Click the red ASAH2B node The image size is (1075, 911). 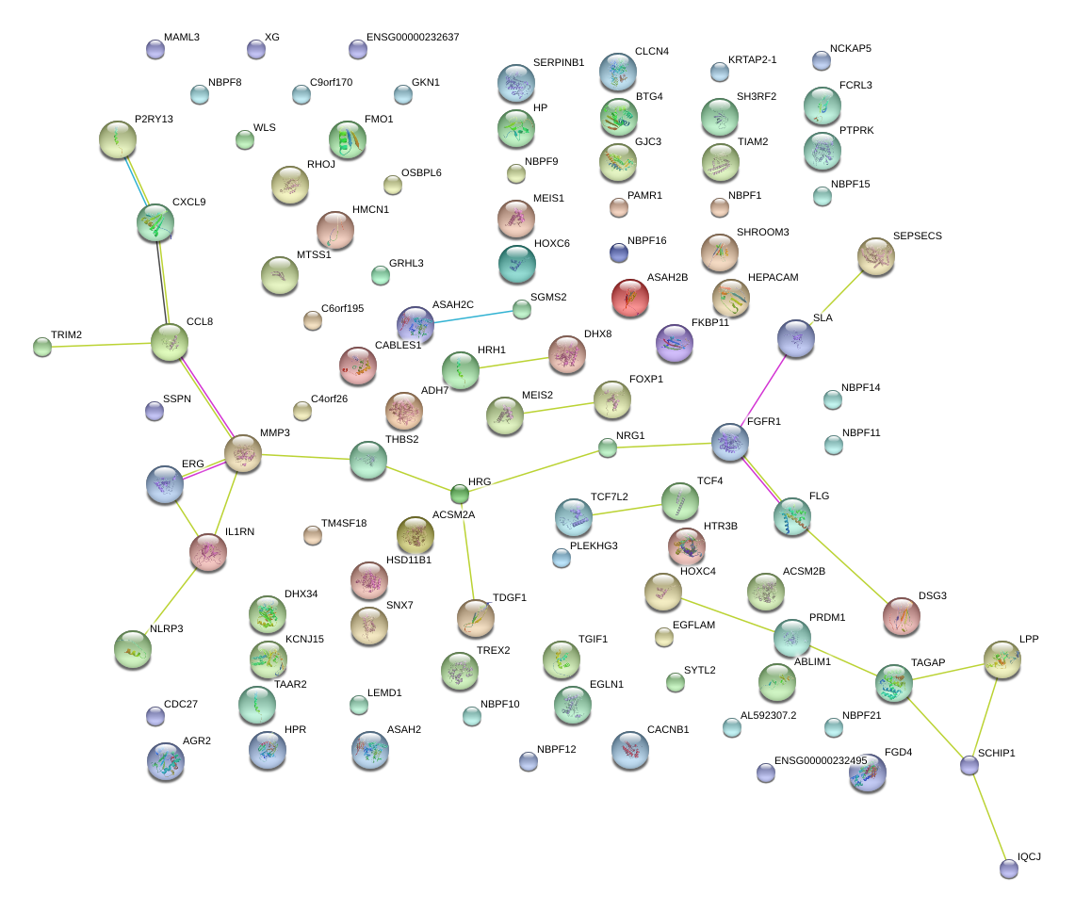click(630, 298)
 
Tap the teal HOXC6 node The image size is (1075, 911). click(516, 264)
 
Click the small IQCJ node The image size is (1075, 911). click(1009, 869)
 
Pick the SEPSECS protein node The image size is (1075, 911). click(876, 255)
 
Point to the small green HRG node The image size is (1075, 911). click(459, 493)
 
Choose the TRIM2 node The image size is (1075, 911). click(42, 347)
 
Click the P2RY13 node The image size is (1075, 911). click(118, 139)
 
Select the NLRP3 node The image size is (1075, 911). click(132, 648)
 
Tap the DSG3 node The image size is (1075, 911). click(902, 615)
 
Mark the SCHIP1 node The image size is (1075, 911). click(969, 765)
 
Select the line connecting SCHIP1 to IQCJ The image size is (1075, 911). click(989, 817)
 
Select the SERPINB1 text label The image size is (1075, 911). click(558, 62)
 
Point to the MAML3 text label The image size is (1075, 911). click(182, 37)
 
